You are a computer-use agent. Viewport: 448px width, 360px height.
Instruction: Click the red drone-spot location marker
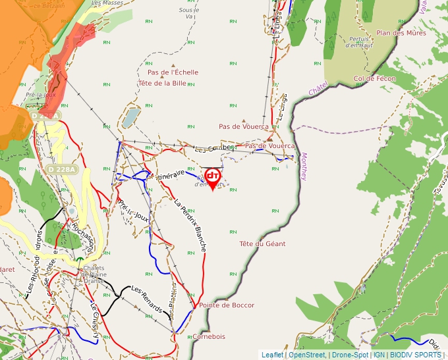point(212,177)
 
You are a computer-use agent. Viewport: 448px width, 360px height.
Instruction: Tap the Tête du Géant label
point(262,244)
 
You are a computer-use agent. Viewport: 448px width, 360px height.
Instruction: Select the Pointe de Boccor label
point(226,305)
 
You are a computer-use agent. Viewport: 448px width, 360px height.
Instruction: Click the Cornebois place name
point(209,336)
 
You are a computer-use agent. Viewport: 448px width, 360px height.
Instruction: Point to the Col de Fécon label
point(374,78)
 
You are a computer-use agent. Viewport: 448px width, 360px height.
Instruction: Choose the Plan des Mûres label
point(401,33)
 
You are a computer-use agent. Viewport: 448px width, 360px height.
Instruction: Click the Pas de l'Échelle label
point(173,72)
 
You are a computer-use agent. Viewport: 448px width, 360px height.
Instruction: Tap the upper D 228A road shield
point(45,116)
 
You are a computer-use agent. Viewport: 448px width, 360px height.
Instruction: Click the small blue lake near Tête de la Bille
point(131,117)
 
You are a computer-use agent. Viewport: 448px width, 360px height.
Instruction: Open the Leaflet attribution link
point(272,355)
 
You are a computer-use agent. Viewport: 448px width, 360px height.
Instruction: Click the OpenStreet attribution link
point(308,355)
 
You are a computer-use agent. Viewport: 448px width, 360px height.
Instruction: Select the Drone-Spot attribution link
point(350,355)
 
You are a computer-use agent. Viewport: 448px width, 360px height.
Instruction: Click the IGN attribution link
point(379,355)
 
